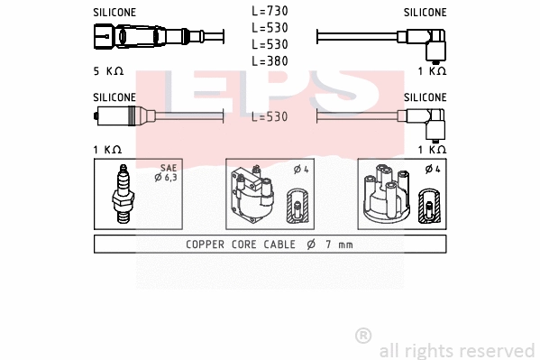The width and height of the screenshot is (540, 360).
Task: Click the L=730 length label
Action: coord(270,12)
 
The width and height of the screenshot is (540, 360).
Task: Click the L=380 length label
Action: coord(270,60)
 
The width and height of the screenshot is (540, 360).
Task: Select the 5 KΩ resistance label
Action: coord(107,70)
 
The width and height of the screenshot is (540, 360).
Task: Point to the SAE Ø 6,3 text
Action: coord(169,173)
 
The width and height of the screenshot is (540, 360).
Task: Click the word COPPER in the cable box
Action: coord(206,245)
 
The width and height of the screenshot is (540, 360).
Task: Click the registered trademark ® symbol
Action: coord(363,336)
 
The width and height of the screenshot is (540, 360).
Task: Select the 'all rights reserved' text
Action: coord(456,350)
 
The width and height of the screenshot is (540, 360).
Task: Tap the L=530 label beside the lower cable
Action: coord(270,117)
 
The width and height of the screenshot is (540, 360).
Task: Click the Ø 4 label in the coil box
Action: coord(302,169)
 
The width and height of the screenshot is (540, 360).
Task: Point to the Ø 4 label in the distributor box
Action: coord(433,169)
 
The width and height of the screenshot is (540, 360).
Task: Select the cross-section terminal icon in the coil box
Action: coord(297,208)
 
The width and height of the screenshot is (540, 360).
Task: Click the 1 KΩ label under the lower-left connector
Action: coord(107,149)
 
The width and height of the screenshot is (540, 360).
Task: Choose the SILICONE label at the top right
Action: coord(425,13)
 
